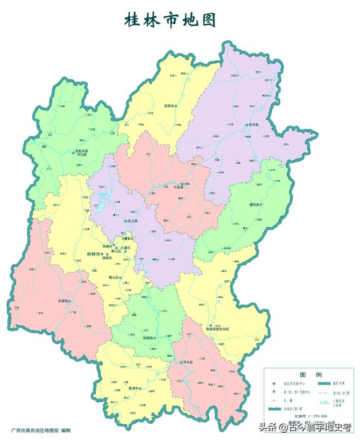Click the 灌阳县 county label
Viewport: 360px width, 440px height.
pos(254,205)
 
